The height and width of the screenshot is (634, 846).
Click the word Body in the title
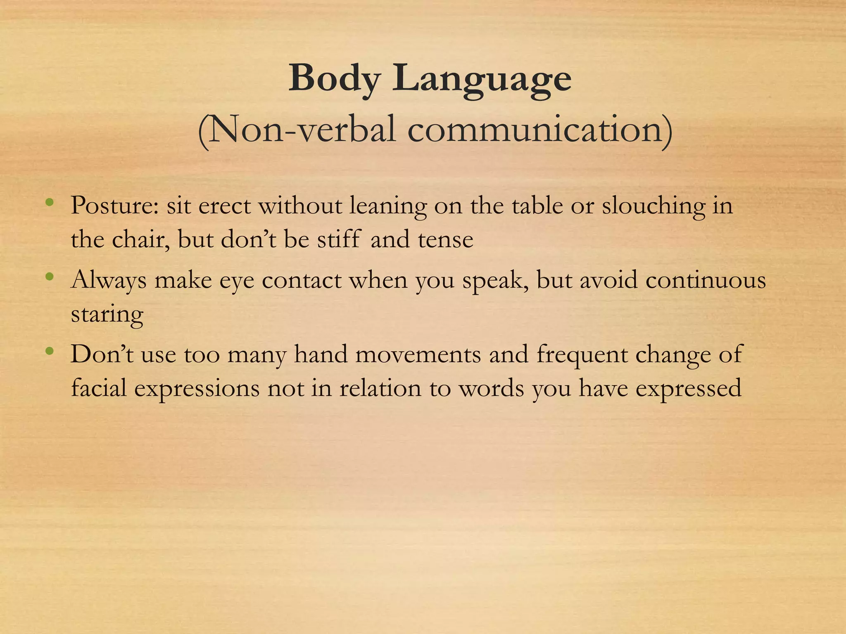pyautogui.click(x=334, y=78)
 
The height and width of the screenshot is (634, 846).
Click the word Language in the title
pyautogui.click(x=482, y=79)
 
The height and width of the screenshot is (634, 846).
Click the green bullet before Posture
pyautogui.click(x=50, y=202)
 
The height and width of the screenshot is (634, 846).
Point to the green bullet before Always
pyautogui.click(x=50, y=277)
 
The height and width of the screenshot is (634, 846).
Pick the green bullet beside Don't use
pyautogui.click(x=50, y=351)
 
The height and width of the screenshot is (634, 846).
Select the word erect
pyautogui.click(x=224, y=206)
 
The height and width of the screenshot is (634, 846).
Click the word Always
pyautogui.click(x=109, y=281)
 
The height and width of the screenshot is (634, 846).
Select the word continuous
pyautogui.click(x=706, y=281)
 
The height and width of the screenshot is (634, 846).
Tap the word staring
pyautogui.click(x=107, y=315)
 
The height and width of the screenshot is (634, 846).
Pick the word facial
pyautogui.click(x=99, y=388)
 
